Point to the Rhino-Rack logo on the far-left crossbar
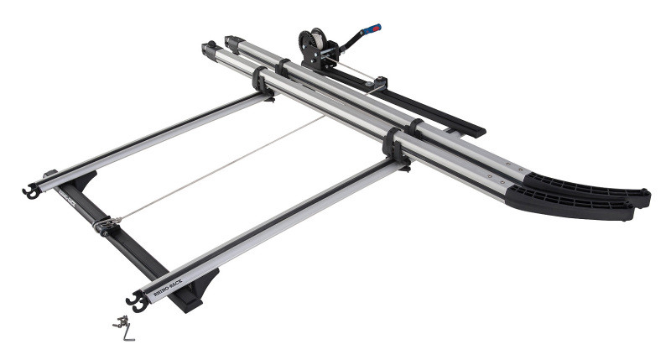tap(68, 198)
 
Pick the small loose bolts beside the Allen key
tap(120, 321)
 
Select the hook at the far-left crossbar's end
tap(30, 192)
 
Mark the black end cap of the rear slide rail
tap(231, 40)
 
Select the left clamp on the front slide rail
tap(262, 81)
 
